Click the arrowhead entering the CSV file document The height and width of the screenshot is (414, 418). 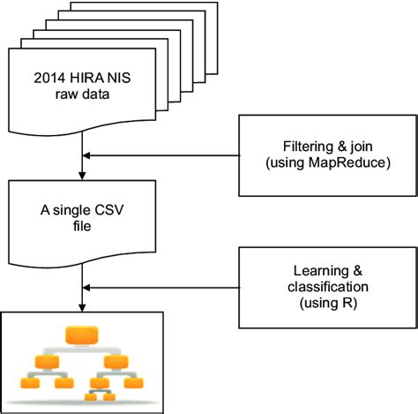(81, 177)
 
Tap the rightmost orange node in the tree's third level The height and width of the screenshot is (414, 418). (134, 385)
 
